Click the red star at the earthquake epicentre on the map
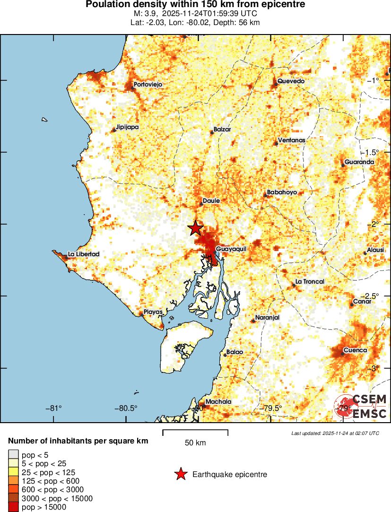point(195,228)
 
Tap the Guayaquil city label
point(231,249)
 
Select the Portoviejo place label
point(148,84)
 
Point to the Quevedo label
point(291,81)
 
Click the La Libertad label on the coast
point(84,254)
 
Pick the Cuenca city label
point(355,350)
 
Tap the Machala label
point(219,402)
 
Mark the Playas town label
point(154,312)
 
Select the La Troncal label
point(310,282)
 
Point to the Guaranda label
point(359,162)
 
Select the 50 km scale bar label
point(195,443)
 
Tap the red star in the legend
point(180,474)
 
